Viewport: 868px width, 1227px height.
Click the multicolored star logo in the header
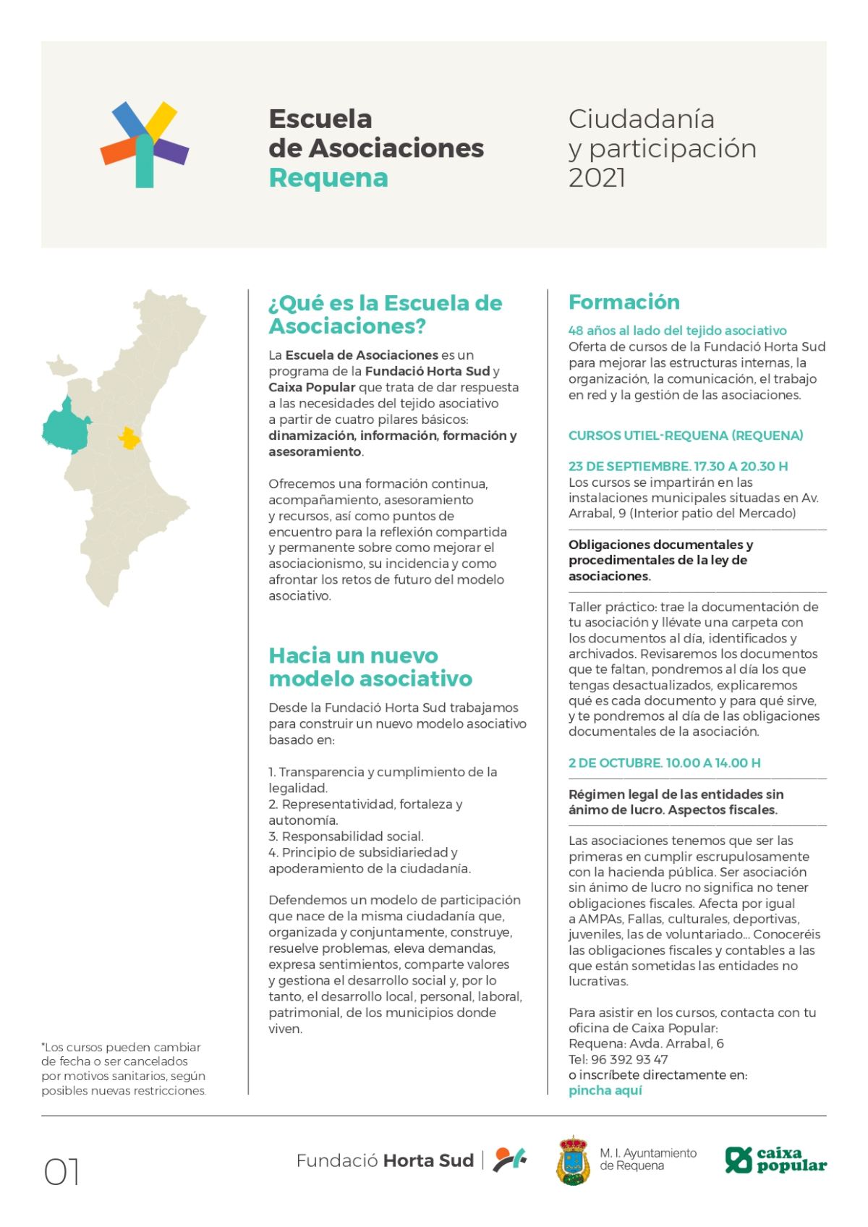pos(145,145)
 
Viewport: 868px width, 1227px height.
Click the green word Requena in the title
pos(328,178)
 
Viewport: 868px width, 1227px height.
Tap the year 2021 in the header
pos(597,178)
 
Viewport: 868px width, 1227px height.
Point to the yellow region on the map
pos(129,438)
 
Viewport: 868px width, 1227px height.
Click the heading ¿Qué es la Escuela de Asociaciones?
pos(385,315)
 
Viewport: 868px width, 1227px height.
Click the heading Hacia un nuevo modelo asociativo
pos(370,667)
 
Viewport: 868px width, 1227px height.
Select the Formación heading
pos(624,302)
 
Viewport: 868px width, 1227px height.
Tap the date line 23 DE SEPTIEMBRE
pos(678,467)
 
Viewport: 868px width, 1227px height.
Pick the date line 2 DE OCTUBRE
pos(664,763)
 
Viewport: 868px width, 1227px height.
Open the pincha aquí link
pos(605,1091)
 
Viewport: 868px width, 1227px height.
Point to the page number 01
pos(62,1172)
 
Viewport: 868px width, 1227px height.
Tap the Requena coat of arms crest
pos(573,1160)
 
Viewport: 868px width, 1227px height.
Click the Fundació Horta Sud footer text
pos(385,1161)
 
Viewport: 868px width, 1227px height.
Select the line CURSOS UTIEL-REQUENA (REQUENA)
pos(685,436)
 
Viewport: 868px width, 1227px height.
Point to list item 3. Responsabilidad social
pos(346,836)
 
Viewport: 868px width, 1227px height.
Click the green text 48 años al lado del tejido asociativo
pos(677,331)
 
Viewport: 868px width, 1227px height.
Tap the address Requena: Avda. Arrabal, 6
pos(646,1044)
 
